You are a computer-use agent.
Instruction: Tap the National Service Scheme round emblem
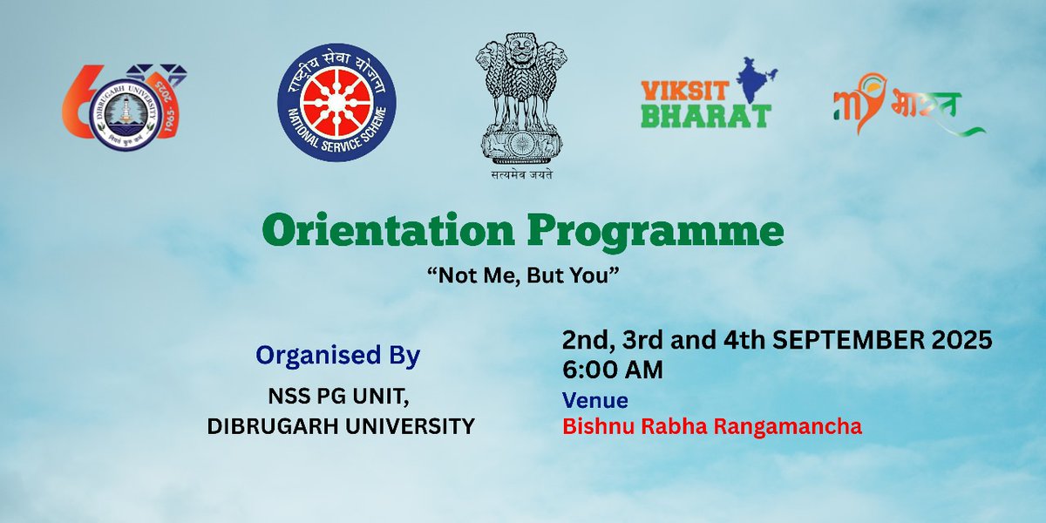[336, 102]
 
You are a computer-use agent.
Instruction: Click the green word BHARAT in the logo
[705, 116]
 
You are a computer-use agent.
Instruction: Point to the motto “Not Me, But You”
[523, 274]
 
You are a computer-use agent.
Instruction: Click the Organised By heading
[337, 356]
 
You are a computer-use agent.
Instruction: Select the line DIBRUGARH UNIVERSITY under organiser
[341, 425]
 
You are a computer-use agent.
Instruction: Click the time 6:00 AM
[613, 370]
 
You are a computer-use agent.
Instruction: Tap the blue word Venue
[595, 400]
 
